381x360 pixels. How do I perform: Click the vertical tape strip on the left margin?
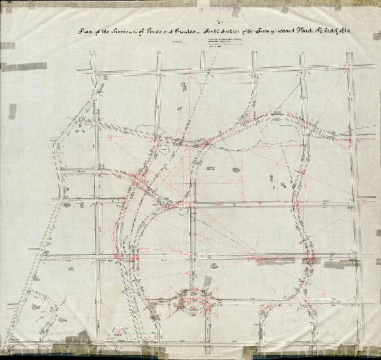12,111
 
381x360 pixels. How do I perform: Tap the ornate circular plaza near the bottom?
192,296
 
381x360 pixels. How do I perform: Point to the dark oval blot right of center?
236,169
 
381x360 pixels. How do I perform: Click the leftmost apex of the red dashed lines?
106,135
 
